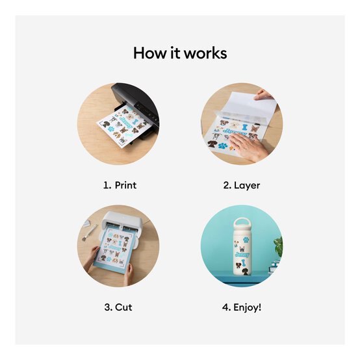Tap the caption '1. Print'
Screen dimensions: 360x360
point(120,185)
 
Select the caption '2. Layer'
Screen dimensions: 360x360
point(241,185)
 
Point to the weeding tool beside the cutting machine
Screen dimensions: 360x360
point(90,230)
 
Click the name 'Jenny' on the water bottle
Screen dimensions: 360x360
point(242,255)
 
